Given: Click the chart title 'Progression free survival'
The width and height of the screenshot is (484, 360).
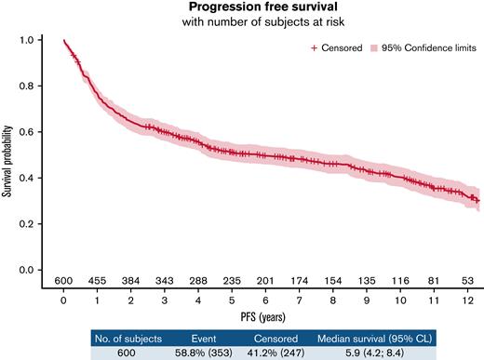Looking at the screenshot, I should pos(256,8).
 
